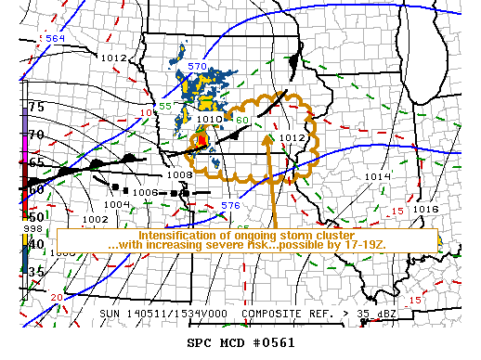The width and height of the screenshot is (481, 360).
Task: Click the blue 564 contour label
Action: (x=55, y=38)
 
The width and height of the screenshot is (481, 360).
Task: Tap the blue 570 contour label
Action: (x=197, y=67)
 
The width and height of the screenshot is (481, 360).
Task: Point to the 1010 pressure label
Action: (x=209, y=120)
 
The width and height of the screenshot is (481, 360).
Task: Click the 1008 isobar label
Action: (x=178, y=174)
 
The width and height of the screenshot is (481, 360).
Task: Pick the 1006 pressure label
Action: (x=145, y=192)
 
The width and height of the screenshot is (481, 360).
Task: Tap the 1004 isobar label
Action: (x=116, y=204)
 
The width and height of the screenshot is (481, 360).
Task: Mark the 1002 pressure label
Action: (x=96, y=219)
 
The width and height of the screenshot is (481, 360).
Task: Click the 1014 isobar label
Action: (x=377, y=176)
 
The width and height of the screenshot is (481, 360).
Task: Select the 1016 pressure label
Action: (x=425, y=210)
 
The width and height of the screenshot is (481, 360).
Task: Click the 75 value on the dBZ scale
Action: (x=36, y=107)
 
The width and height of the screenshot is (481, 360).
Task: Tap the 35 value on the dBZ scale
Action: (x=36, y=272)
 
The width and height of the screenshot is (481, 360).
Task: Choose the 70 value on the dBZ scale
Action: (x=36, y=135)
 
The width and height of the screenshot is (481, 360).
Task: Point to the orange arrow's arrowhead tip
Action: (x=270, y=136)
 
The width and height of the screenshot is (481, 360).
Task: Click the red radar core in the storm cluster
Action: (x=201, y=138)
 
